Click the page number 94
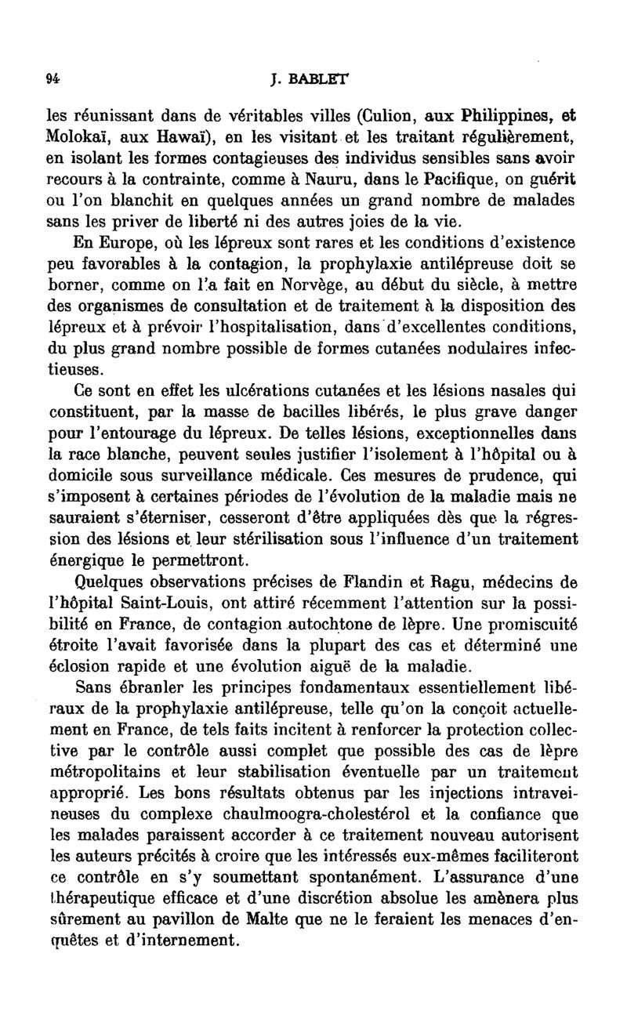[54, 78]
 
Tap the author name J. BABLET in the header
[310, 78]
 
